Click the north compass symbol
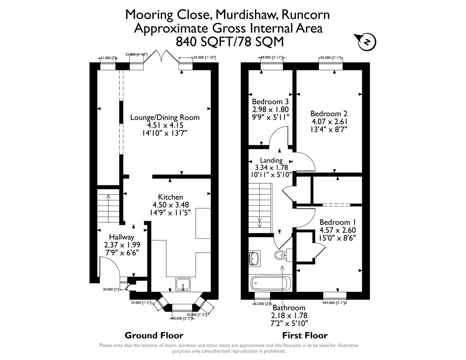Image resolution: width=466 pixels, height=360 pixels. coord(367,42)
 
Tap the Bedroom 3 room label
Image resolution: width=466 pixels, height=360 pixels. coord(270,102)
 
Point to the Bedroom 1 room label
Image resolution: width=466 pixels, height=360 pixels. coord(338,222)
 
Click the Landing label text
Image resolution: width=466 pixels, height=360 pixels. coord(271,160)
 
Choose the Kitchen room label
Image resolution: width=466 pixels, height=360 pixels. coord(171,197)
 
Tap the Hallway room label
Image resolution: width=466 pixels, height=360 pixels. coord(122,237)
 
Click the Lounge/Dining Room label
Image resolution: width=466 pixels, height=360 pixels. coord(165,117)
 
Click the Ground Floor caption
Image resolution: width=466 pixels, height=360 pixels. coord(154,335)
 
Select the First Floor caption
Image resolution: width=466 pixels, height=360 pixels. coord(305,335)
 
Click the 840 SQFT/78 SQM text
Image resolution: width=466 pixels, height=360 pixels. coord(230,42)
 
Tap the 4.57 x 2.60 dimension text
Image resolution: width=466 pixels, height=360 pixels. coord(338,230)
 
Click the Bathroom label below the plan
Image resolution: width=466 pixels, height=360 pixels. coord(289,308)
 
